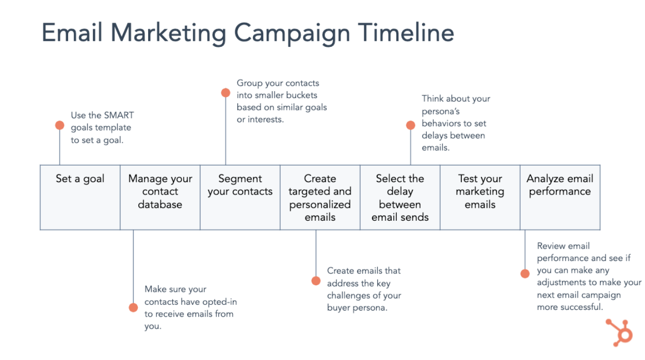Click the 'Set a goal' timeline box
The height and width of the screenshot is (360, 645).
click(x=80, y=198)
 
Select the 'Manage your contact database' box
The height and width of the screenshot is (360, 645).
click(x=160, y=198)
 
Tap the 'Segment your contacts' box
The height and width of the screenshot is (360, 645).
click(x=240, y=198)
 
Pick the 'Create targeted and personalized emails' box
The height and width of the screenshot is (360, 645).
click(x=320, y=198)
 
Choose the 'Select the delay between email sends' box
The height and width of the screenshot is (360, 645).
click(x=400, y=198)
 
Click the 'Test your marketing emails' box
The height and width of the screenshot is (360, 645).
click(x=480, y=198)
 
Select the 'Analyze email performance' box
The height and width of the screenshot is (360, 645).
click(x=560, y=198)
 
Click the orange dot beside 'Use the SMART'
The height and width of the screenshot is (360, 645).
click(x=60, y=125)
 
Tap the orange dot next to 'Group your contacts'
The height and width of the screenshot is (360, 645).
click(x=225, y=93)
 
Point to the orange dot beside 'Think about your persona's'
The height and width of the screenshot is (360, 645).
click(x=411, y=125)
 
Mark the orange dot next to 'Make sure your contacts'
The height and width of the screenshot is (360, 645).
click(x=133, y=307)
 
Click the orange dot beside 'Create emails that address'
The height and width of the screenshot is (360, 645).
click(x=316, y=281)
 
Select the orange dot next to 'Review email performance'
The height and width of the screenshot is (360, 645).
click(x=525, y=273)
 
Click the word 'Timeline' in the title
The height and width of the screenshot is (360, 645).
click(x=406, y=33)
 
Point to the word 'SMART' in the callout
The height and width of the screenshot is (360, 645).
click(x=119, y=115)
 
